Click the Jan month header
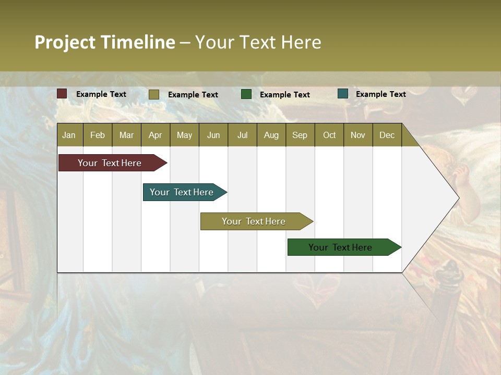69,135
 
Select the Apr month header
155,135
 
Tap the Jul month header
242,135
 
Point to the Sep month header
300,135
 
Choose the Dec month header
387,135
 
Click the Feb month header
98,135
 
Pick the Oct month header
329,135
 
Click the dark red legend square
62,94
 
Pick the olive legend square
153,94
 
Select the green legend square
246,94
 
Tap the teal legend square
343,94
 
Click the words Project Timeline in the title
104,42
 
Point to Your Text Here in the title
258,42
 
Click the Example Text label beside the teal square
380,94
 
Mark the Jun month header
213,135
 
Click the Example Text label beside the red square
101,94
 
